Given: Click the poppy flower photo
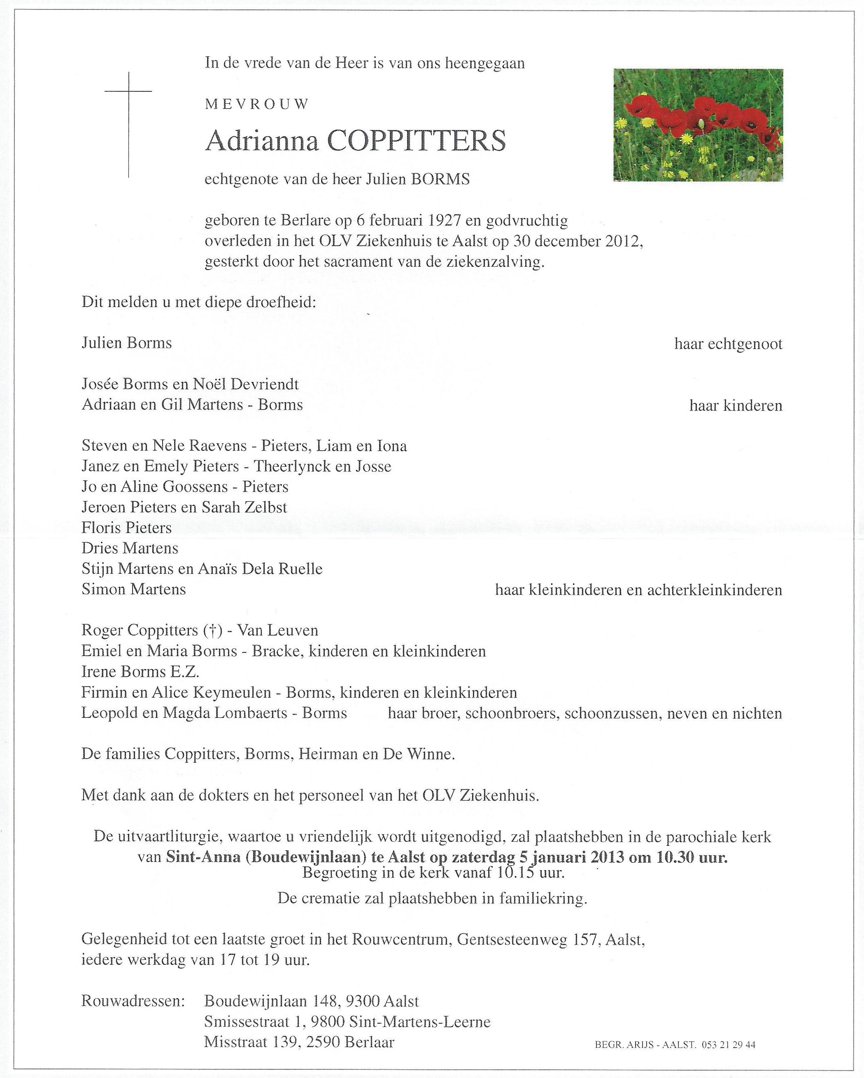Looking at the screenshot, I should pyautogui.click(x=698, y=125).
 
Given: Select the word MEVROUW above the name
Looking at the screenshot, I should pyautogui.click(x=257, y=104).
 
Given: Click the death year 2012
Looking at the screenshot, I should pyautogui.click(x=622, y=241).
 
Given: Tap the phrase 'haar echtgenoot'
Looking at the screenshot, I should pyautogui.click(x=728, y=344).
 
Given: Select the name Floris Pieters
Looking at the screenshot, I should pyautogui.click(x=126, y=528).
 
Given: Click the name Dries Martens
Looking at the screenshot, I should pyautogui.click(x=130, y=548).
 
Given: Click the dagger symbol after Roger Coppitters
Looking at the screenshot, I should pyautogui.click(x=212, y=631).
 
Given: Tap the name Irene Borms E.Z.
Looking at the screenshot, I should pyautogui.click(x=140, y=671).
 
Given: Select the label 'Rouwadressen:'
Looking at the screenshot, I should pyautogui.click(x=133, y=1001).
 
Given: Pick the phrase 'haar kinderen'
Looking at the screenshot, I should pyautogui.click(x=736, y=405).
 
